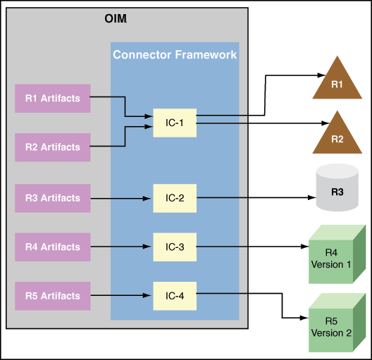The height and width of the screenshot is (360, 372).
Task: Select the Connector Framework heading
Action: [175, 54]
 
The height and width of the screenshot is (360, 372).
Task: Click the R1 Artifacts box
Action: [53, 98]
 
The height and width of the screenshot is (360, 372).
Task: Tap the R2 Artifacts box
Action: [53, 147]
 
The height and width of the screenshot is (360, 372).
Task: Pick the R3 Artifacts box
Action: [53, 198]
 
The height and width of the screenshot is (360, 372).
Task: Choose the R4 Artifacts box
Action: [53, 247]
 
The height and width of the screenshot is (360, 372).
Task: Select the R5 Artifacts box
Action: [53, 295]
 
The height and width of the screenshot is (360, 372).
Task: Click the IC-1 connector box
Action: [175, 123]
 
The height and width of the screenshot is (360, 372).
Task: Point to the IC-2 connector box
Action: [175, 198]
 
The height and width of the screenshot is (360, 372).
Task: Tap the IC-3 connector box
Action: [175, 247]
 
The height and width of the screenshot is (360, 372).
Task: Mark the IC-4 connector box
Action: [175, 295]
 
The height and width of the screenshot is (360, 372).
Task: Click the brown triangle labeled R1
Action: [336, 81]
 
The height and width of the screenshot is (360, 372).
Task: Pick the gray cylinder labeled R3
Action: [336, 188]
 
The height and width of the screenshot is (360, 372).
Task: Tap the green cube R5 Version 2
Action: [335, 326]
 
